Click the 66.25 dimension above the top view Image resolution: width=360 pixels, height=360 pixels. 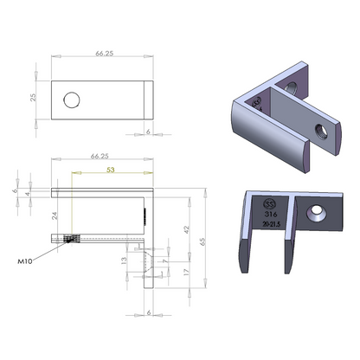[x=105, y=53]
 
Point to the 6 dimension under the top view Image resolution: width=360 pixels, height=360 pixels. [x=148, y=133]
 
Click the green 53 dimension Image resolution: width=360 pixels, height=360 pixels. [x=111, y=170]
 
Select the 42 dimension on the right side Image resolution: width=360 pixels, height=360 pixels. [x=185, y=229]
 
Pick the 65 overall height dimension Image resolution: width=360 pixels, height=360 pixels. [x=204, y=243]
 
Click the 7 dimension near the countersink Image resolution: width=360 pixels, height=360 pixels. [x=164, y=259]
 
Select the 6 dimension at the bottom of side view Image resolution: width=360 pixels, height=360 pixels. [x=149, y=312]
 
